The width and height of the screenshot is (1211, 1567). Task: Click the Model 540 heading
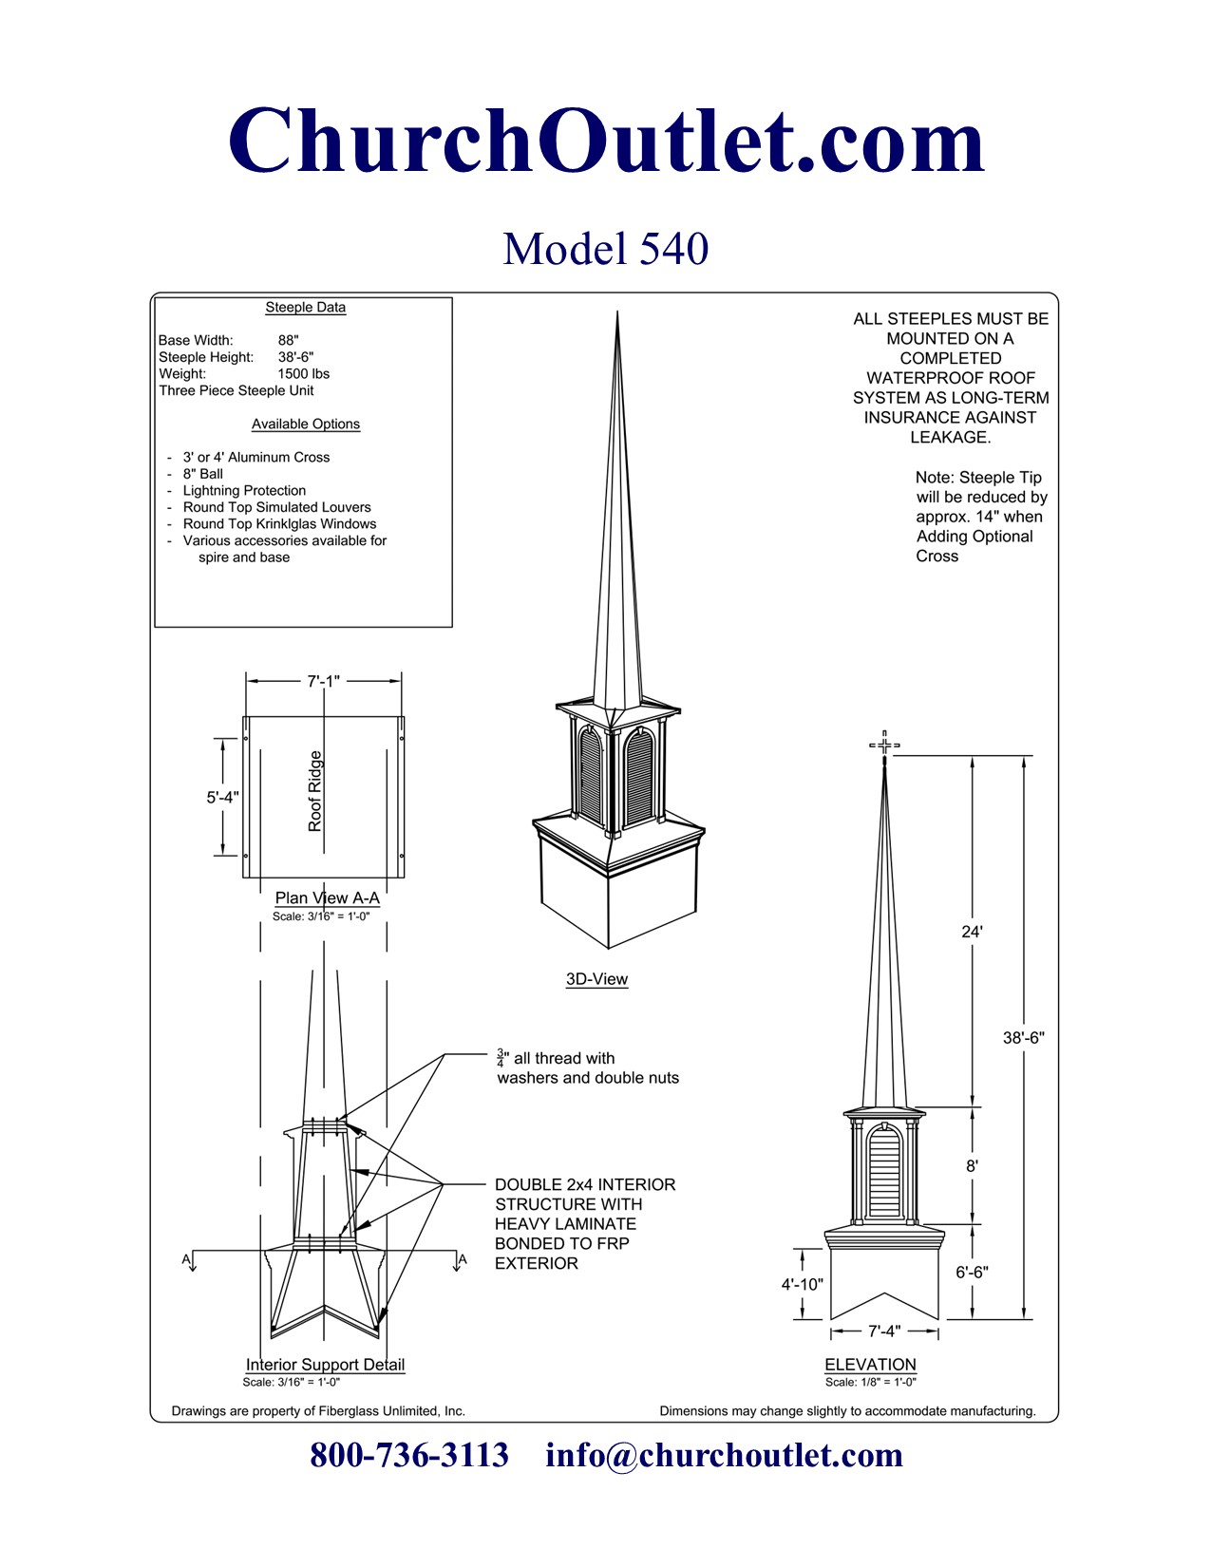click(x=605, y=249)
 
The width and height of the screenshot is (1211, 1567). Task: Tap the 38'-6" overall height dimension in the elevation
click(x=1023, y=1038)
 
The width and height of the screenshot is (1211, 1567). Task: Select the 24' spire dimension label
click(x=972, y=932)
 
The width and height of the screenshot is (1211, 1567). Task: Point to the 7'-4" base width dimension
click(x=884, y=1331)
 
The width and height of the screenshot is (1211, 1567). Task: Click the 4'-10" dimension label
click(x=802, y=1284)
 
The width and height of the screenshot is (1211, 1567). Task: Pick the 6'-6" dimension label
click(x=972, y=1272)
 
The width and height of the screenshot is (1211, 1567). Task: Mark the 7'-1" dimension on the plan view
click(x=323, y=681)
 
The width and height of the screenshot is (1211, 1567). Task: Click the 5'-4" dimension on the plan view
click(x=223, y=797)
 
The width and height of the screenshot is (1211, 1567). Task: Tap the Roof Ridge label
click(x=315, y=791)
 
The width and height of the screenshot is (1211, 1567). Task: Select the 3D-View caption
click(x=596, y=979)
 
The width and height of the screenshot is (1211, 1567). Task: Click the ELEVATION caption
click(x=870, y=1364)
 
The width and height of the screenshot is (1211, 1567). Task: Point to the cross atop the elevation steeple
click(x=884, y=746)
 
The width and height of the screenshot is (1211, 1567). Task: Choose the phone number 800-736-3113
click(x=409, y=1455)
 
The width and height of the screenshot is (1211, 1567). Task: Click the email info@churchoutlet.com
click(x=724, y=1455)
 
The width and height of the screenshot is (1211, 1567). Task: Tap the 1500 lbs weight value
click(x=303, y=374)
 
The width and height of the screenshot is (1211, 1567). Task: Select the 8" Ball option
click(x=203, y=474)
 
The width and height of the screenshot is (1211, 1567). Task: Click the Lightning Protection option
click(x=244, y=490)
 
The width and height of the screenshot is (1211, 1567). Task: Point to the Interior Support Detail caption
click(x=325, y=1365)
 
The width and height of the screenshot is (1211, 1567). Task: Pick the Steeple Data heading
click(x=305, y=308)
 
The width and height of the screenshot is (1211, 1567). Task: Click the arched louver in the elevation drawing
click(x=884, y=1173)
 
